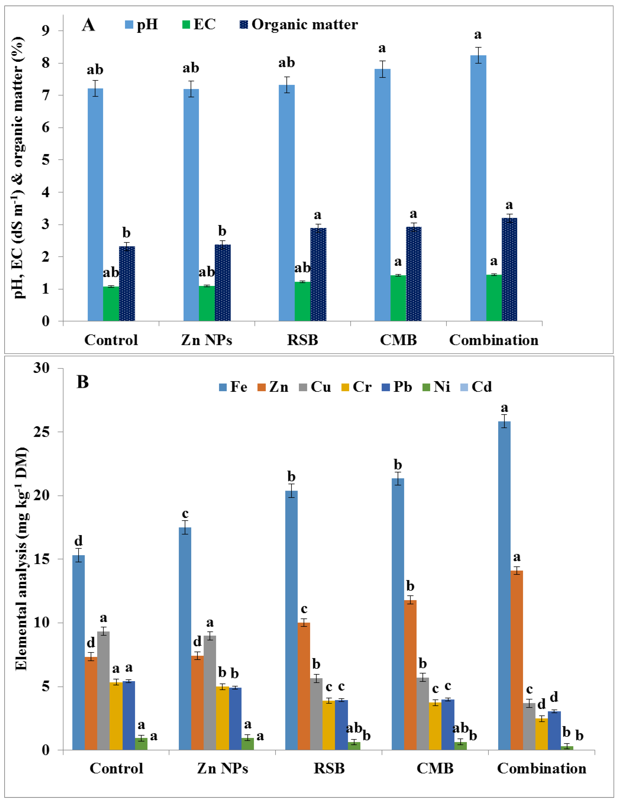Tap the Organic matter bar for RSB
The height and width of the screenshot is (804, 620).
pyautogui.click(x=318, y=274)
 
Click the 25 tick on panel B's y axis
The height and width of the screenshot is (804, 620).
pyautogui.click(x=41, y=432)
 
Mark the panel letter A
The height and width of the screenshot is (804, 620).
pyautogui.click(x=88, y=25)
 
